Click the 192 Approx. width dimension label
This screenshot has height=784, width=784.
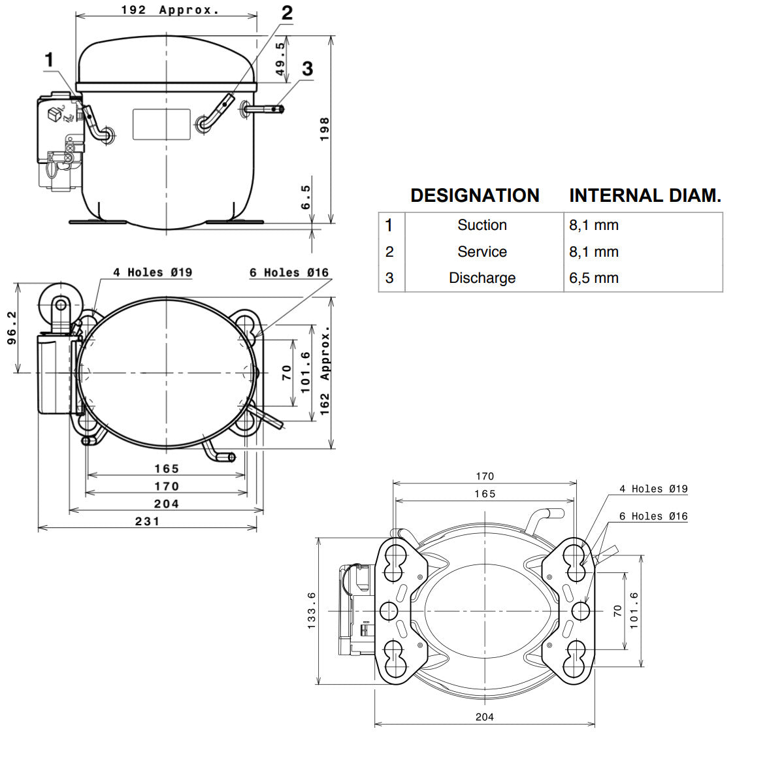click(x=170, y=10)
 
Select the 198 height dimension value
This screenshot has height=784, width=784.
click(x=324, y=129)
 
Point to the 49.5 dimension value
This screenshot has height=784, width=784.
click(x=280, y=59)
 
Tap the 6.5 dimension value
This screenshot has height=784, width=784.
click(x=306, y=197)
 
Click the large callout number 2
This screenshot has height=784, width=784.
click(x=287, y=13)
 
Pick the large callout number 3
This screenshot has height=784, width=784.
click(x=308, y=69)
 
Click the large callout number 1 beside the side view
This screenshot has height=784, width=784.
click(x=49, y=60)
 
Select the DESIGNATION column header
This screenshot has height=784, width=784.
click(x=475, y=195)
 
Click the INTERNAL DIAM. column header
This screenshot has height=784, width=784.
click(x=645, y=195)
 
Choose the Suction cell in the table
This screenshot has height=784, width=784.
click(x=482, y=225)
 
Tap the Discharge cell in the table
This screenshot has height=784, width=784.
click(x=482, y=278)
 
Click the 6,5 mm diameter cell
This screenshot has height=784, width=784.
click(x=594, y=278)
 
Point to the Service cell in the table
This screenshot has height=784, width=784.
click(x=482, y=252)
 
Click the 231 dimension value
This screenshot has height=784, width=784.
click(x=147, y=521)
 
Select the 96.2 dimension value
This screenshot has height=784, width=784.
click(x=12, y=328)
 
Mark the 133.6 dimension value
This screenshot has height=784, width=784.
click(x=311, y=611)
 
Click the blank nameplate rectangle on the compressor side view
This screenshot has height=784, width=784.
click(x=161, y=124)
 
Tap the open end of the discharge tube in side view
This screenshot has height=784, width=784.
click(x=282, y=109)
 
